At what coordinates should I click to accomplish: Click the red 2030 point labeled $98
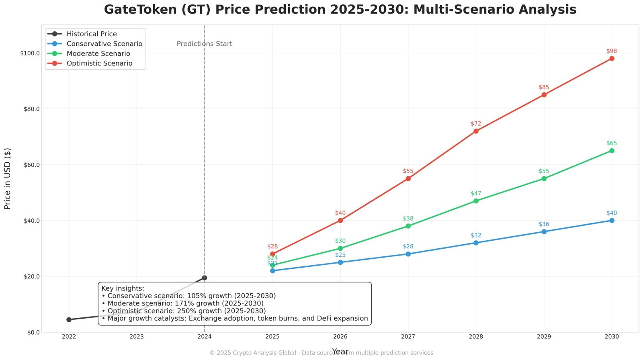[612, 59]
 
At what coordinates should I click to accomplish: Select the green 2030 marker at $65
[612, 151]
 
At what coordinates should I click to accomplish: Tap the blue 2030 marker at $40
[612, 221]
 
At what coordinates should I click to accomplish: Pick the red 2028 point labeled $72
[476, 131]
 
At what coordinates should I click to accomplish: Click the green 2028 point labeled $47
[476, 201]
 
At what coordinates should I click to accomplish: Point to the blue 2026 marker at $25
[340, 262]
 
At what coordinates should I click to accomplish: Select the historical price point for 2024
[205, 278]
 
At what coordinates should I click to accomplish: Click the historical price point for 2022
[69, 319]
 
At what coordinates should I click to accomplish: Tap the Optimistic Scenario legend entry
[99, 63]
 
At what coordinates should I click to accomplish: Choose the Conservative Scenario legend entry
[104, 44]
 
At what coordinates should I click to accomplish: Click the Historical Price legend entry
[92, 34]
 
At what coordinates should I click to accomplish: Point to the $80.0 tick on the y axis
[30, 109]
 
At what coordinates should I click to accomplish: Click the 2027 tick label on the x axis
[408, 337]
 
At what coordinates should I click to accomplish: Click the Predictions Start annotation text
[205, 44]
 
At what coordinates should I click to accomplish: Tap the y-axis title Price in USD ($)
[7, 178]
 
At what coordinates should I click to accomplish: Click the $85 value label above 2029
[544, 87]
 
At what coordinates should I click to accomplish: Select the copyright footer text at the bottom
[321, 353]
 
